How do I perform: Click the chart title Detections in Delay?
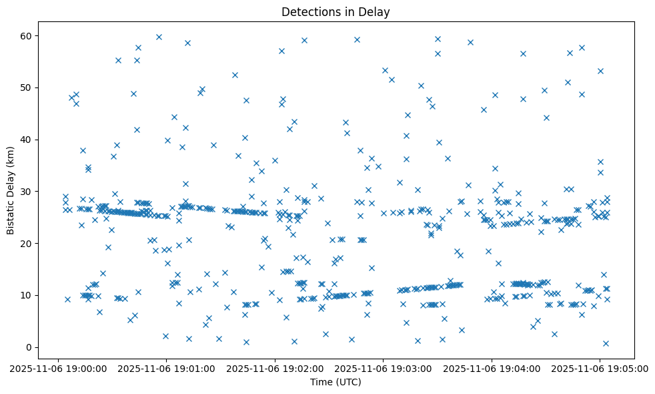pos(336,11)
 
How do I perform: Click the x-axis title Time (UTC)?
pos(336,382)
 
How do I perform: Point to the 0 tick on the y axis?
pos(29,347)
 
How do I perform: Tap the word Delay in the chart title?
pos(376,11)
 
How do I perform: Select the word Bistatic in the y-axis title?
pos(11,213)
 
